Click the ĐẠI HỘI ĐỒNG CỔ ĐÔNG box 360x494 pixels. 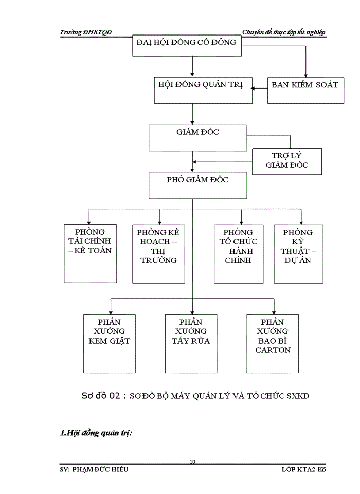[x=187, y=45]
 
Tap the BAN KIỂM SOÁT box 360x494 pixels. [x=305, y=90]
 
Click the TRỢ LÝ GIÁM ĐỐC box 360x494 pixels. [x=286, y=161]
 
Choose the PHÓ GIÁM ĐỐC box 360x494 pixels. [x=197, y=185]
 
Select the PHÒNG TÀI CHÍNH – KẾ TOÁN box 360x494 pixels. [x=89, y=253]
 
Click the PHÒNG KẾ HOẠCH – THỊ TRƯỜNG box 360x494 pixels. [x=158, y=253]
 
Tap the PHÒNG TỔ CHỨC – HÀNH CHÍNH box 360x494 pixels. [x=239, y=253]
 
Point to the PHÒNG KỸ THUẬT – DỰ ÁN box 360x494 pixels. [x=298, y=253]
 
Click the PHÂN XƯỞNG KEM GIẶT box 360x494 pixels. [x=110, y=343]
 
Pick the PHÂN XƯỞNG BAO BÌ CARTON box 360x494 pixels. [x=273, y=343]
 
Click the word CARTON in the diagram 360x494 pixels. [x=273, y=350]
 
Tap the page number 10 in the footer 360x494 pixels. [x=192, y=462]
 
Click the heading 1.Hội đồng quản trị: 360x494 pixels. [x=97, y=433]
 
